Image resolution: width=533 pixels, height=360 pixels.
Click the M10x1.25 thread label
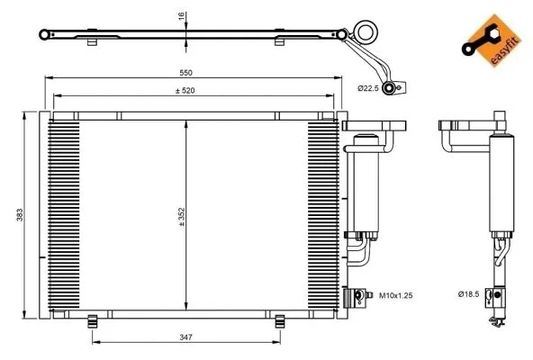pos(394,294)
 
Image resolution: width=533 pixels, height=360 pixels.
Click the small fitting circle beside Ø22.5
pos(389,87)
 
